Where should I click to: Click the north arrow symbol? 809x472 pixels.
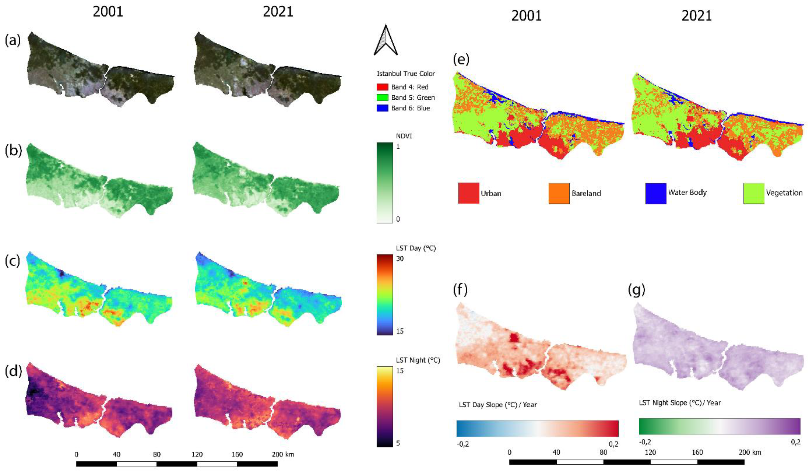385,41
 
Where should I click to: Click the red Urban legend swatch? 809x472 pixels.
468,193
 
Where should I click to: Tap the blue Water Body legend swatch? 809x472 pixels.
656,193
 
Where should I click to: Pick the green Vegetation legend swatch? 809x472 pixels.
753,193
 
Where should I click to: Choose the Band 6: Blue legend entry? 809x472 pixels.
410,108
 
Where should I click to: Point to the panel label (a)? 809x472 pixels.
13,40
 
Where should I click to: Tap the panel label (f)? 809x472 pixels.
460,290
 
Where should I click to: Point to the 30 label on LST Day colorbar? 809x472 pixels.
400,258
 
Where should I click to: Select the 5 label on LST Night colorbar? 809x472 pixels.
398,443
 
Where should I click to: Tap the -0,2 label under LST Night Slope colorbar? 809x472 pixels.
645,442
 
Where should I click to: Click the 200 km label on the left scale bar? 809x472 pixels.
283,454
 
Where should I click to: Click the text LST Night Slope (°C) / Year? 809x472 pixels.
680,403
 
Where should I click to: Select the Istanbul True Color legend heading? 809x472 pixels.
406,74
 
